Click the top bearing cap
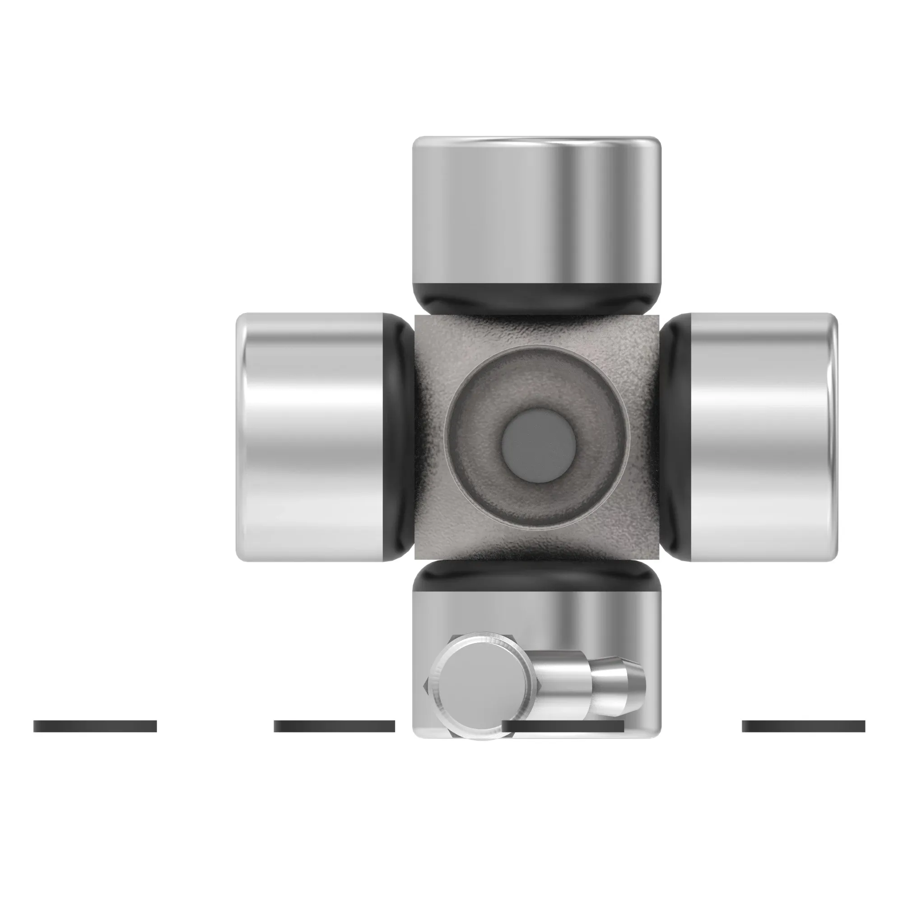[536, 210]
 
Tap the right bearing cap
[762, 437]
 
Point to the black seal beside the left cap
[397, 437]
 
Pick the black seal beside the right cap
[675, 437]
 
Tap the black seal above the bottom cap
[536, 576]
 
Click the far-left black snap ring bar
[95, 726]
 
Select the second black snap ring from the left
[334, 726]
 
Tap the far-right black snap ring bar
[803, 726]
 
